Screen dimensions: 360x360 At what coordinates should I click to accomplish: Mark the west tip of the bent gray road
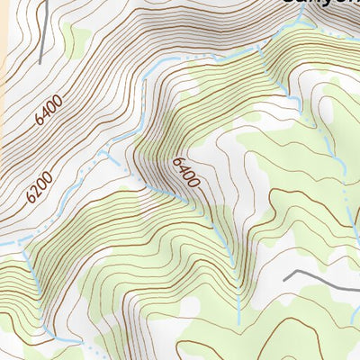pyautogui.click(x=284, y=280)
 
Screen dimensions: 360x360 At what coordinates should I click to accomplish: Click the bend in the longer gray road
pyautogui.click(x=307, y=270)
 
